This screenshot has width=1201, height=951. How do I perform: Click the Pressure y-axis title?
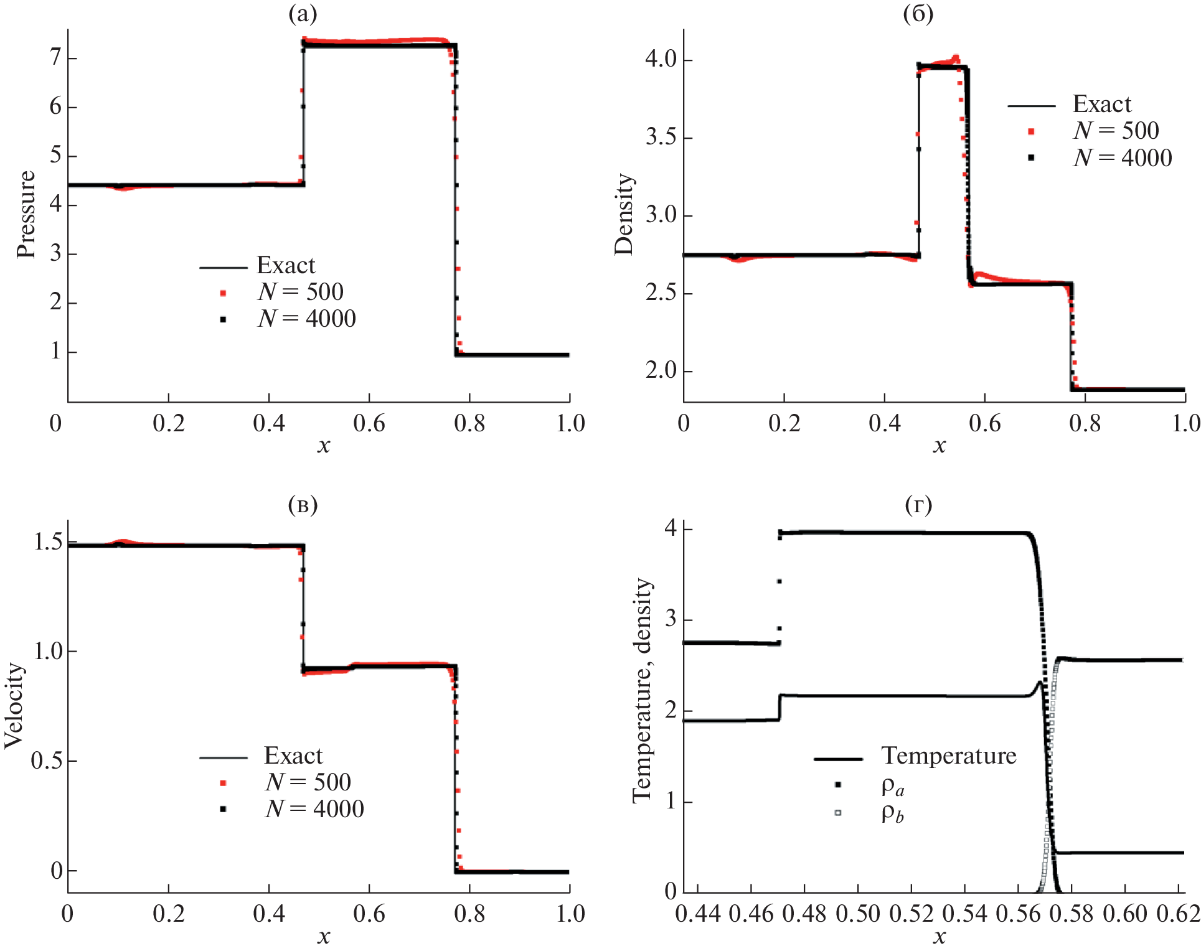pos(26,214)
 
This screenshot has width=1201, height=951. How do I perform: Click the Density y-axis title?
pos(623,214)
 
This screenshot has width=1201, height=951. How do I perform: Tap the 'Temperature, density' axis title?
pos(642,691)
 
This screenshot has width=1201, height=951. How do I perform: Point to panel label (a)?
pos(303,14)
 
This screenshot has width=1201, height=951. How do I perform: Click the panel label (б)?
pos(918,14)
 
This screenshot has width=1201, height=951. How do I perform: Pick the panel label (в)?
pos(303,505)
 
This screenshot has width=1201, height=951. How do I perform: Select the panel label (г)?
pos(918,505)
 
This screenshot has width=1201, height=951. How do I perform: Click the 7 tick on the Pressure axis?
pos(55,58)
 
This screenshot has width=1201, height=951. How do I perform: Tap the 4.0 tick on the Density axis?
pos(661,60)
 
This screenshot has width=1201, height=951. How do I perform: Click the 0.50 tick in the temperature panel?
pos(857,914)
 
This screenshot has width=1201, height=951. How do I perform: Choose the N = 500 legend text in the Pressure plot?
pos(301,292)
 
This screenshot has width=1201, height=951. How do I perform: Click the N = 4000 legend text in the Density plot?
pos(1122,158)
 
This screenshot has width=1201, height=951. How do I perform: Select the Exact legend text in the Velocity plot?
pos(293,756)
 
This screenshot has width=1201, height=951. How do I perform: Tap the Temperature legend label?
pos(948,756)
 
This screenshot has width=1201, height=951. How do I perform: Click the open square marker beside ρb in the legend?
pos(838,812)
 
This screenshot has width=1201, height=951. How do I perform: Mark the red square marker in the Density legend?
pos(1031,131)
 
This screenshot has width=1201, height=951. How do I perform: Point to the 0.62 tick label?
pos(1178,914)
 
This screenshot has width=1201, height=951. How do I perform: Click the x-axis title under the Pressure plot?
pos(323,446)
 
